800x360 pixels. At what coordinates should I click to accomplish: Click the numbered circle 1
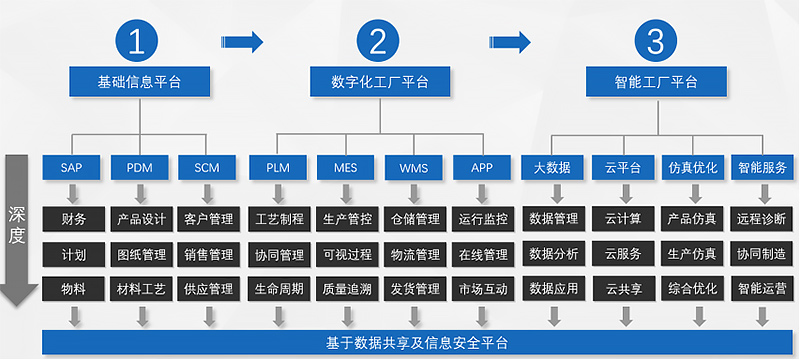138,42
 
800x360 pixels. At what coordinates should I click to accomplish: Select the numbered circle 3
655,42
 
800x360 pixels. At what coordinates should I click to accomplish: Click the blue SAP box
73,167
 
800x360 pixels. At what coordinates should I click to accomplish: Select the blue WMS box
414,167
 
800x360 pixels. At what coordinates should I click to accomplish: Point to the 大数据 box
552,167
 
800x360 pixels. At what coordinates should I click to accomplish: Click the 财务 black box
73,218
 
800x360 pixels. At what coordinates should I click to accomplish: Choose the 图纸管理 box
141,254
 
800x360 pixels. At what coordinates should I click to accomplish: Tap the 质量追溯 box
346,290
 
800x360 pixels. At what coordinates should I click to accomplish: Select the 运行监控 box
483,218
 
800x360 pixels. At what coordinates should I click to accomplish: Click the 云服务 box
624,254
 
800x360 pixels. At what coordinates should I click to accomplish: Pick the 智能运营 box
762,290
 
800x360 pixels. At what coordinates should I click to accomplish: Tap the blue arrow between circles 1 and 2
243,42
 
